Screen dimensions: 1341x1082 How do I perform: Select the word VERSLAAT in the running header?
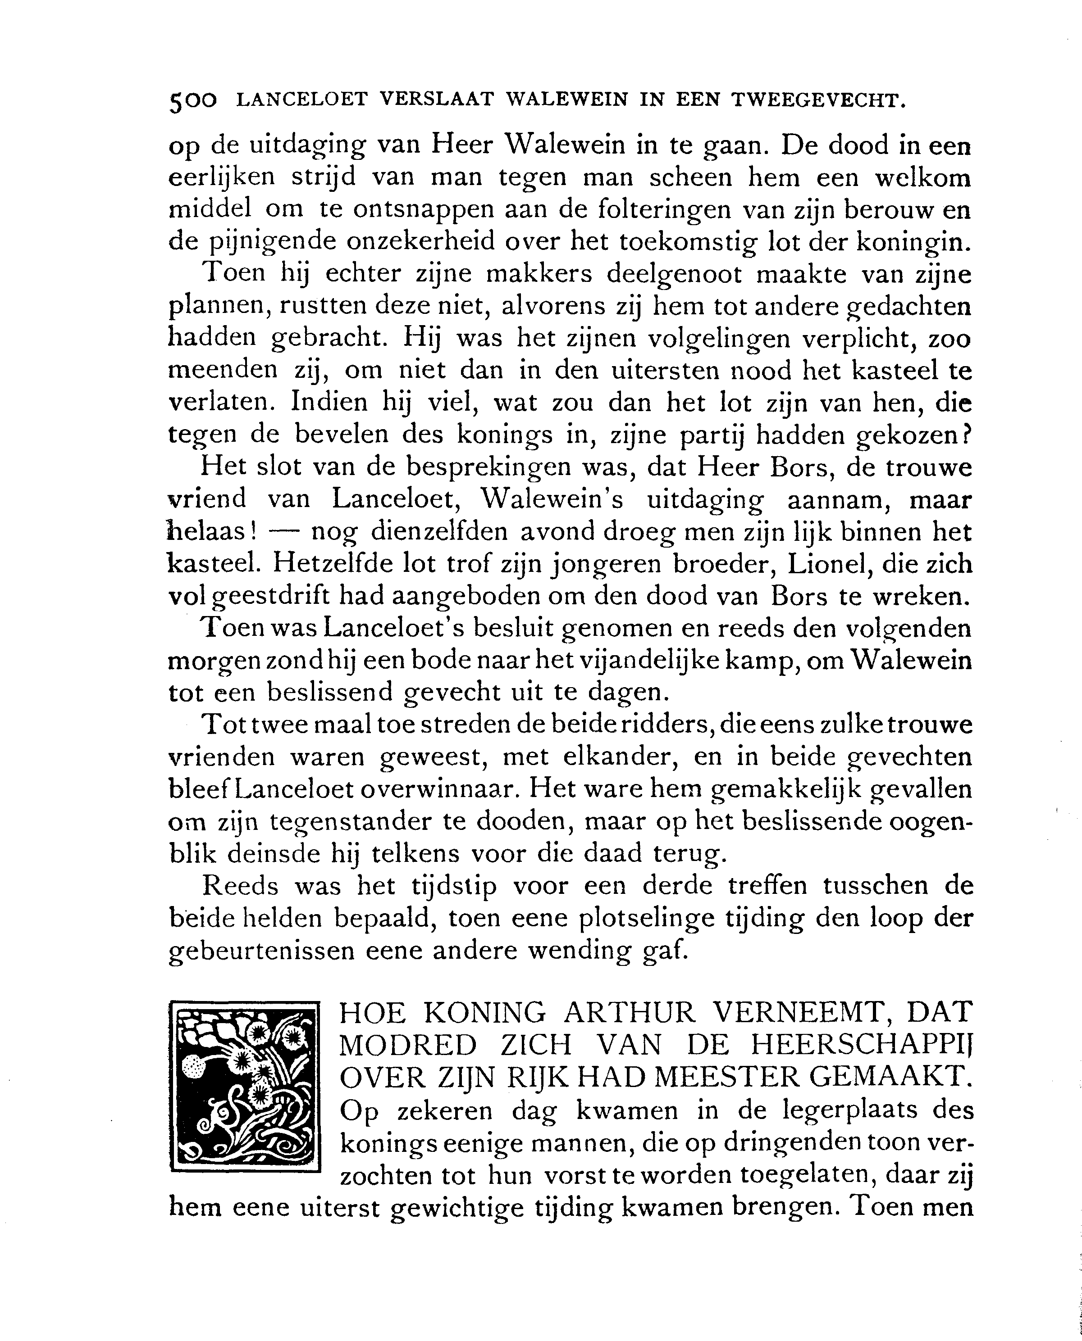pos(436,100)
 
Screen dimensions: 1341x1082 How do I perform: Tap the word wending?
pos(579,951)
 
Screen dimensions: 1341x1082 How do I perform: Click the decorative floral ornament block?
pos(244,1087)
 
